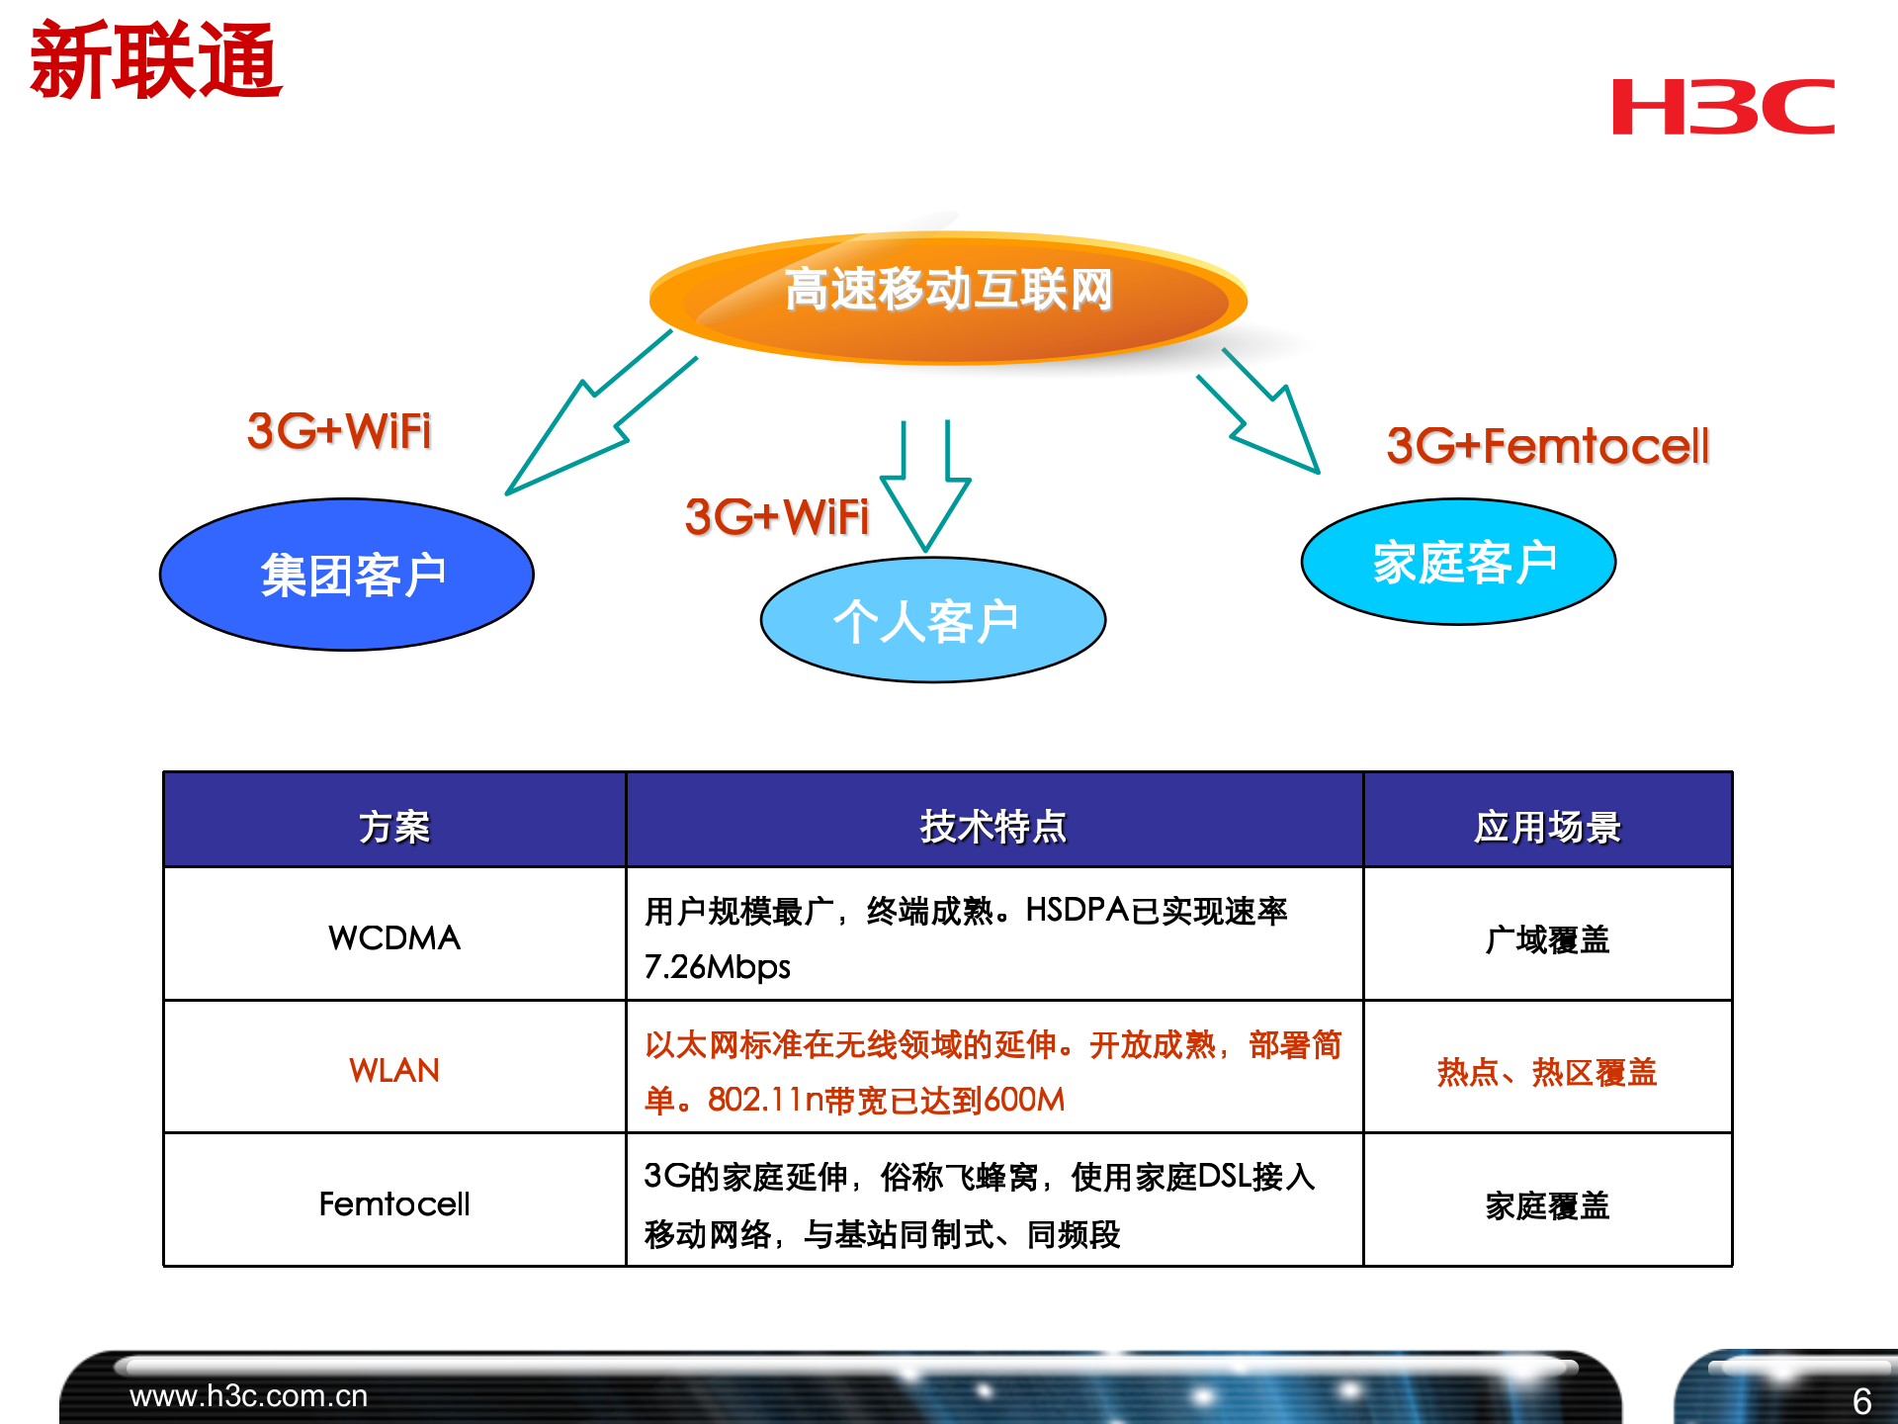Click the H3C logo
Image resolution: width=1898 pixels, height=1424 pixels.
1722,107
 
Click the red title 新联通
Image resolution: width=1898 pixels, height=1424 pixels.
156,61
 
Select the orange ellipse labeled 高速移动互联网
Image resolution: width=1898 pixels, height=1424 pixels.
947,297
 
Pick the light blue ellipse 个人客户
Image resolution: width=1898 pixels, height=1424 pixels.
932,621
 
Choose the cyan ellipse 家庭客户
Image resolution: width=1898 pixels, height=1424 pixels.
1458,562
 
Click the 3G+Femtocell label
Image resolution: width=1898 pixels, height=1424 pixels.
1547,445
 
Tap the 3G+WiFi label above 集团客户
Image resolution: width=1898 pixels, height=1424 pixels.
339,431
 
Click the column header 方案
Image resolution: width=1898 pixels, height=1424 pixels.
394,826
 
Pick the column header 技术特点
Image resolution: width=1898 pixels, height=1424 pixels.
993,826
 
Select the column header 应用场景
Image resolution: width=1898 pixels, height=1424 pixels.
1547,826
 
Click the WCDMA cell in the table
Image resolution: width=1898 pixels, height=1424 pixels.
394,936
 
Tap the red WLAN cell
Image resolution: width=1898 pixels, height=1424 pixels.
394,1070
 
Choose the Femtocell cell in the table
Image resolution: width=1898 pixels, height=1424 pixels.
394,1203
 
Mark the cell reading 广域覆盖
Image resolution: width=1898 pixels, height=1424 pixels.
1547,938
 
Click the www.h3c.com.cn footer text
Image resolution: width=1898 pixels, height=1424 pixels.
248,1395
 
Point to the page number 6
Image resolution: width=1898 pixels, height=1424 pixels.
1860,1400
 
